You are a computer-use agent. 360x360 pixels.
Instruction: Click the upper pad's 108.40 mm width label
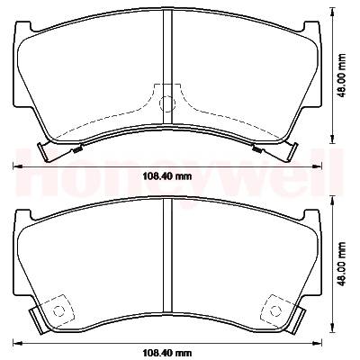pos(166,176)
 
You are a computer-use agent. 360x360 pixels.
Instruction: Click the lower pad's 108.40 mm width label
pos(166,353)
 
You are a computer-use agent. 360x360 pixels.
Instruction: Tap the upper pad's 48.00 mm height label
pos(341,76)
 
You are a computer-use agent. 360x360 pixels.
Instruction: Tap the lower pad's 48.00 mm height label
pos(341,264)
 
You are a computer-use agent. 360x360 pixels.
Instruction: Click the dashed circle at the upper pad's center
pos(167,103)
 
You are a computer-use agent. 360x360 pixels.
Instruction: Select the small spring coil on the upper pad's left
pos(78,149)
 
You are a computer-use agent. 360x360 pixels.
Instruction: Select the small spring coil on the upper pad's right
pos(256,148)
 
